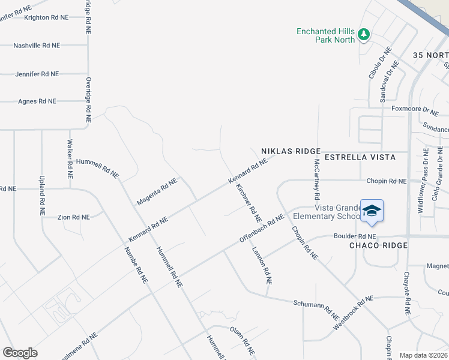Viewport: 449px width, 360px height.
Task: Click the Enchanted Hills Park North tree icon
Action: coord(363,35)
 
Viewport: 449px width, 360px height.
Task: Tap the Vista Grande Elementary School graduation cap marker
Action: coord(372,211)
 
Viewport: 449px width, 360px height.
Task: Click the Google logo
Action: coord(20,352)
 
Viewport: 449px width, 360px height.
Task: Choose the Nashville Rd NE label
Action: coord(37,46)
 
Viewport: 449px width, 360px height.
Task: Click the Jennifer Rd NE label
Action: coord(37,74)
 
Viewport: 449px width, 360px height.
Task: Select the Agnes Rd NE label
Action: coord(37,101)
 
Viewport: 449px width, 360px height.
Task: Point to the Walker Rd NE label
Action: coord(70,160)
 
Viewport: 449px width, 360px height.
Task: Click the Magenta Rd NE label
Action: coord(157,191)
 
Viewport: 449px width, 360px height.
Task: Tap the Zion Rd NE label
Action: coord(73,217)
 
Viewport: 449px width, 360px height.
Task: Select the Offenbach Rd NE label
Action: coord(261,228)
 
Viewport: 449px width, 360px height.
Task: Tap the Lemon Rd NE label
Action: coord(262,266)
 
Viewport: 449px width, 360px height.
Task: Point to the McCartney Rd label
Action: coord(315,179)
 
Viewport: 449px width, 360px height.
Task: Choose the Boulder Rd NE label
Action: coord(354,236)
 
